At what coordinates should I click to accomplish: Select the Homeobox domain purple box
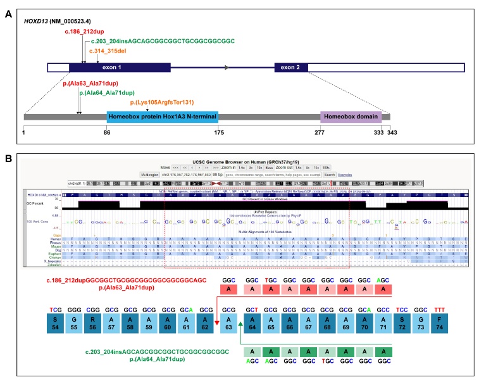(x=351, y=117)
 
